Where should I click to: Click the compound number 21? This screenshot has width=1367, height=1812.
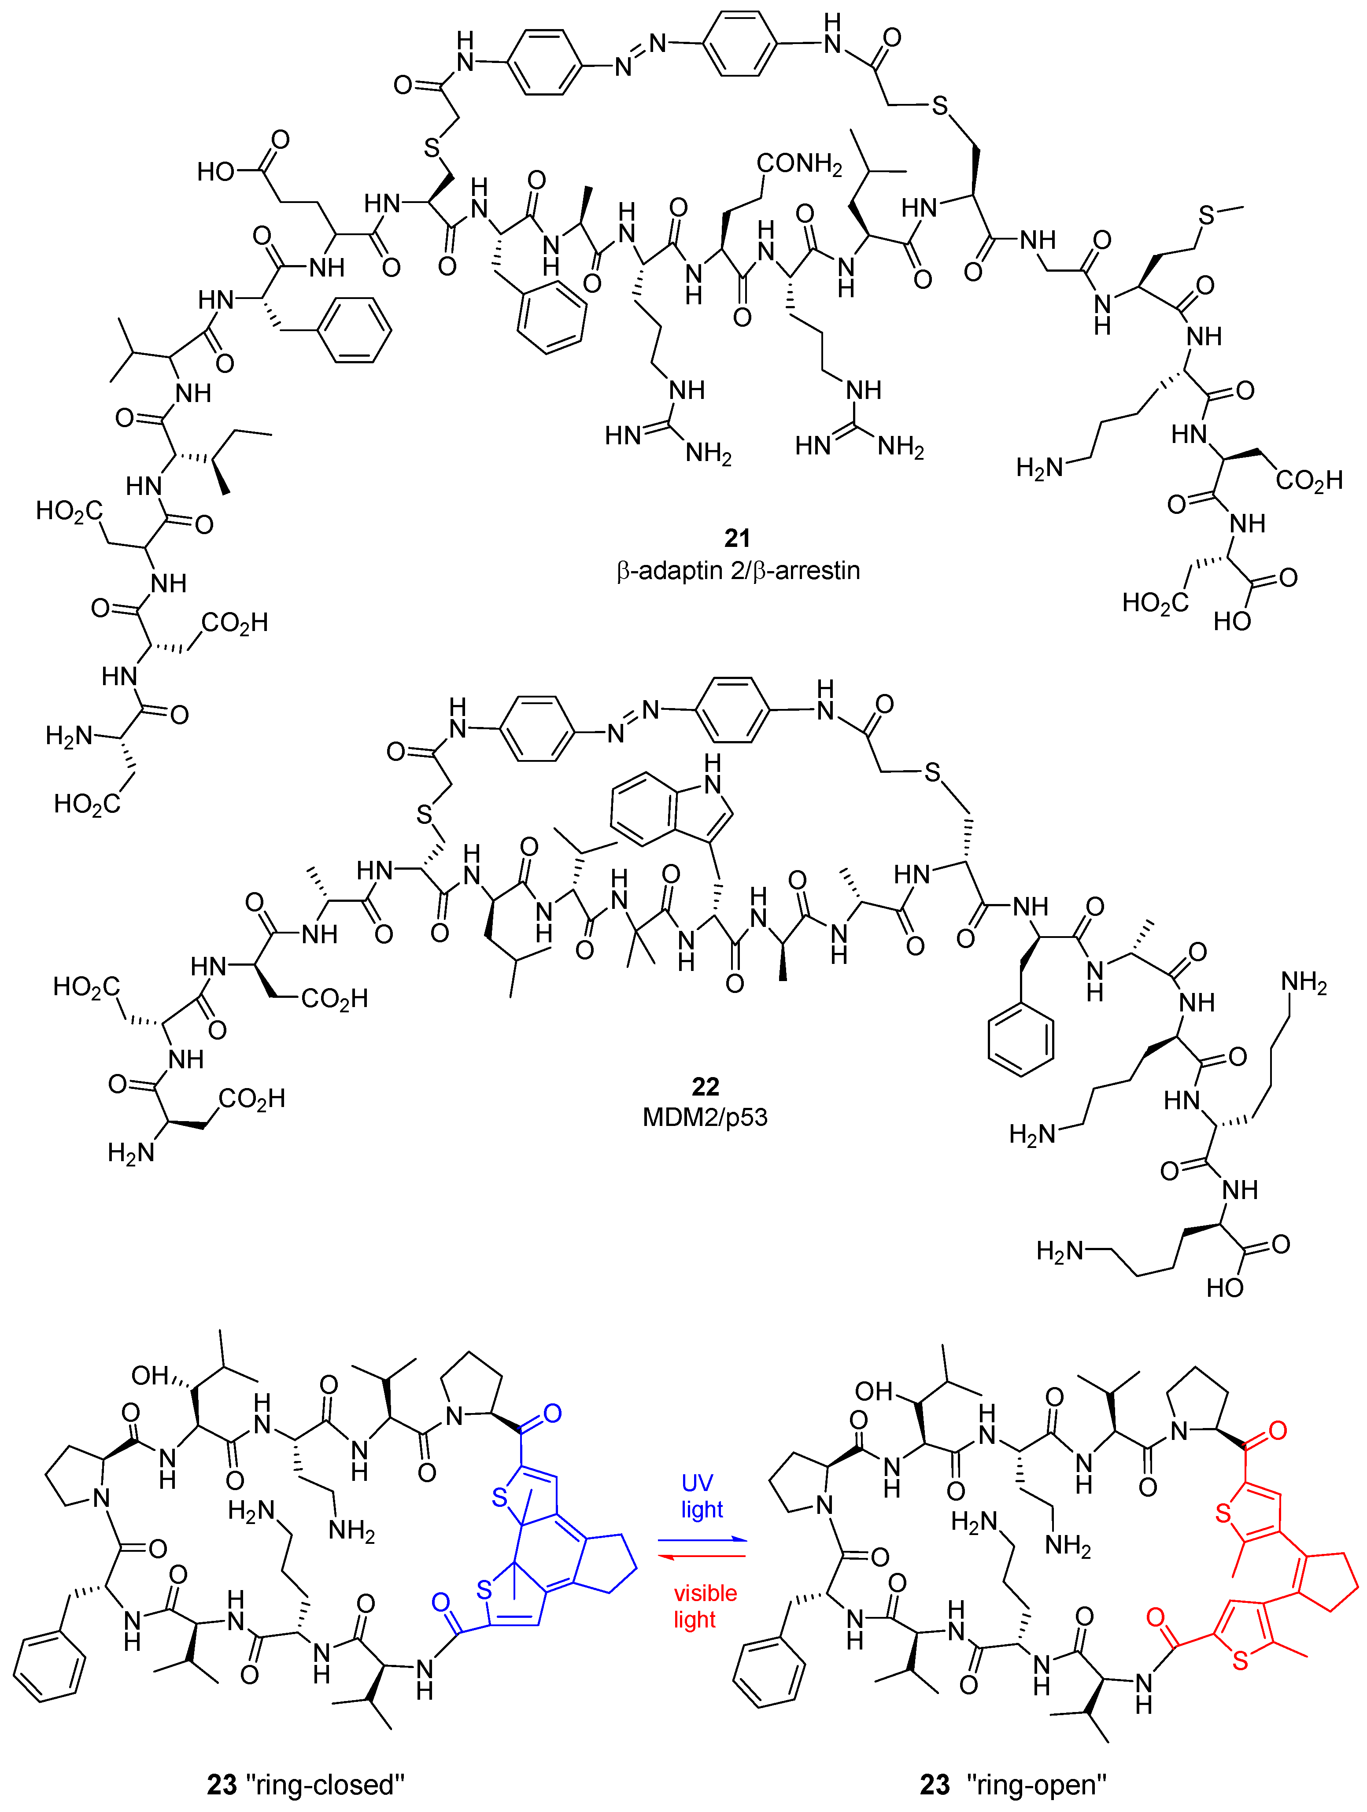tap(737, 538)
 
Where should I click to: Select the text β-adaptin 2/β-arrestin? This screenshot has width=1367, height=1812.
tap(738, 570)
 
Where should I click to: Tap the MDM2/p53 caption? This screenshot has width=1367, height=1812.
tap(705, 1117)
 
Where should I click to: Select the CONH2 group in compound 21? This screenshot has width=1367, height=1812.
tap(798, 164)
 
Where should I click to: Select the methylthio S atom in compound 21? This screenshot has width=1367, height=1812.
tap(1206, 215)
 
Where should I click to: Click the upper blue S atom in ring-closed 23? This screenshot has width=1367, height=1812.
tap(499, 1499)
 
